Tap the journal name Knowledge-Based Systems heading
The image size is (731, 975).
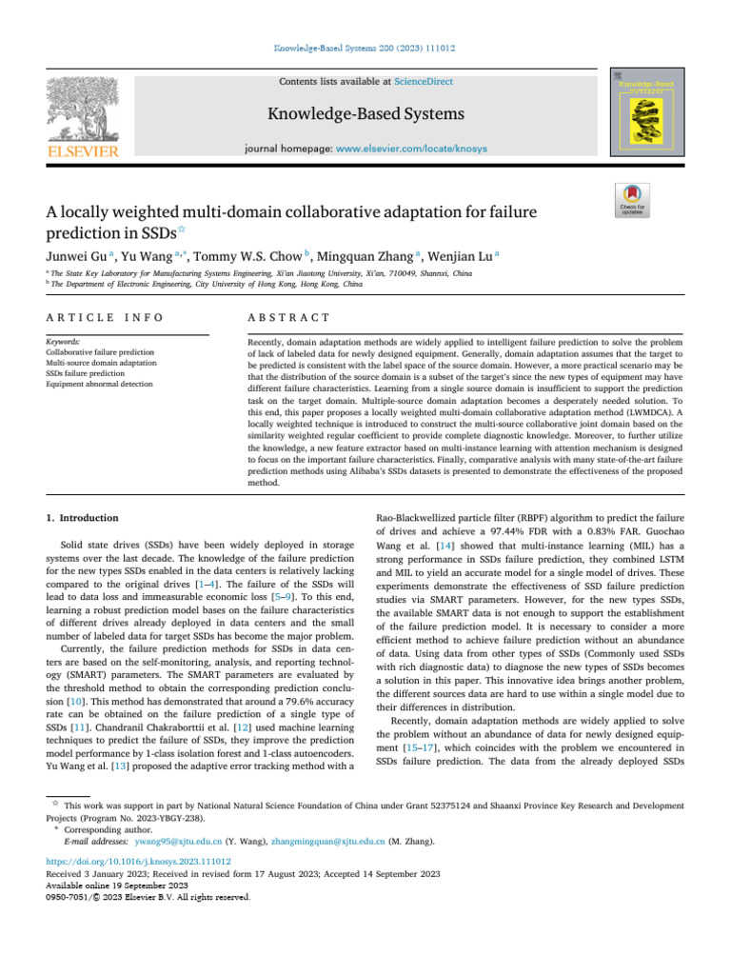[365, 115]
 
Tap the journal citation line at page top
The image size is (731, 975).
[365, 46]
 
